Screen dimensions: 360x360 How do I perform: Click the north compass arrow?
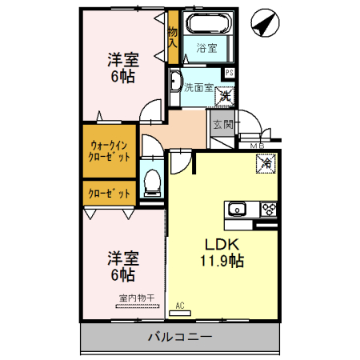click(x=262, y=24)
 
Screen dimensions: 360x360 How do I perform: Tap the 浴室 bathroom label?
click(x=206, y=48)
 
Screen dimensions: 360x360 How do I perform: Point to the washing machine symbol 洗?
click(x=226, y=97)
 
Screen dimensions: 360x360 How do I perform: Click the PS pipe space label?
click(x=230, y=74)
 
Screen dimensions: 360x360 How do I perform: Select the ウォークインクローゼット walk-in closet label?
click(x=110, y=151)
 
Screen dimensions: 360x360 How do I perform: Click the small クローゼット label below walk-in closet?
click(x=108, y=193)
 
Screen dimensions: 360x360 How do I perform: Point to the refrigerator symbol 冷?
click(x=265, y=164)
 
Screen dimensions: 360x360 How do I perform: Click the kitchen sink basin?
click(x=237, y=210)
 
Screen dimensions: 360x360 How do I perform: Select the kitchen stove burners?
click(x=267, y=210)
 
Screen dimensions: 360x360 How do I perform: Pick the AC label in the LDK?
click(x=179, y=305)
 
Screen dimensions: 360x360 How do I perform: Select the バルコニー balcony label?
click(x=180, y=337)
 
